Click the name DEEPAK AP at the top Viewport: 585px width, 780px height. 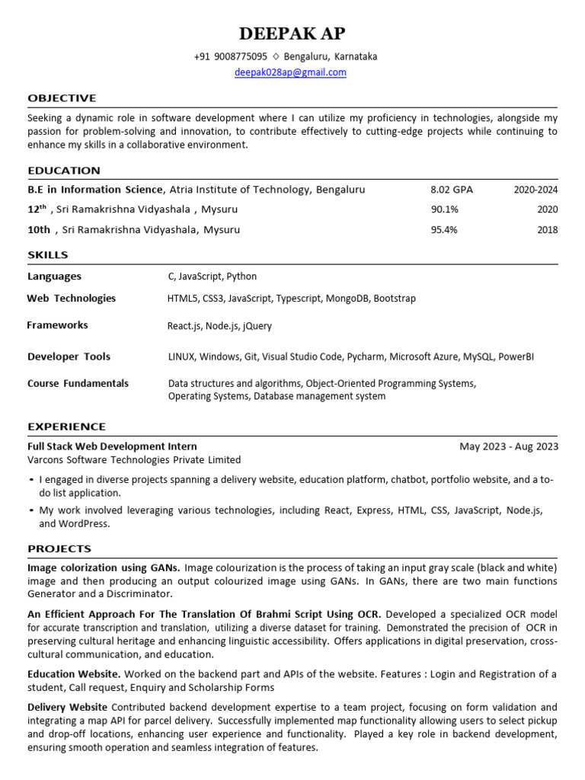point(292,34)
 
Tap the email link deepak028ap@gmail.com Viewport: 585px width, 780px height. point(290,72)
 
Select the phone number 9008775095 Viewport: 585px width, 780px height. point(241,56)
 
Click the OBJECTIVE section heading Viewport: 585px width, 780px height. point(62,98)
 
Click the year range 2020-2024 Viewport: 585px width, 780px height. point(535,190)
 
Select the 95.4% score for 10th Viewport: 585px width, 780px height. point(444,229)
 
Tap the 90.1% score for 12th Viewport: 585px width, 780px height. point(444,209)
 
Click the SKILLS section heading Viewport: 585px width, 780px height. point(48,255)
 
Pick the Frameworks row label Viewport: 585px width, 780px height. point(57,325)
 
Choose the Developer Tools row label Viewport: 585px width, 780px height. point(69,356)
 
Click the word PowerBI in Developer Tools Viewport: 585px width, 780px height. point(516,356)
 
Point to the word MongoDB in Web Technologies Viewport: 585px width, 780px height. point(347,299)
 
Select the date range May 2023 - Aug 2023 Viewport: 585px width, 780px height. point(509,446)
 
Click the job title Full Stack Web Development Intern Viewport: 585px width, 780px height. point(112,446)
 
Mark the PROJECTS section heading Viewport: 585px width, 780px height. point(59,548)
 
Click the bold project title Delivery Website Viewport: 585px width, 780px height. point(67,707)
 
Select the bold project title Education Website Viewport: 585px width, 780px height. point(74,674)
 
